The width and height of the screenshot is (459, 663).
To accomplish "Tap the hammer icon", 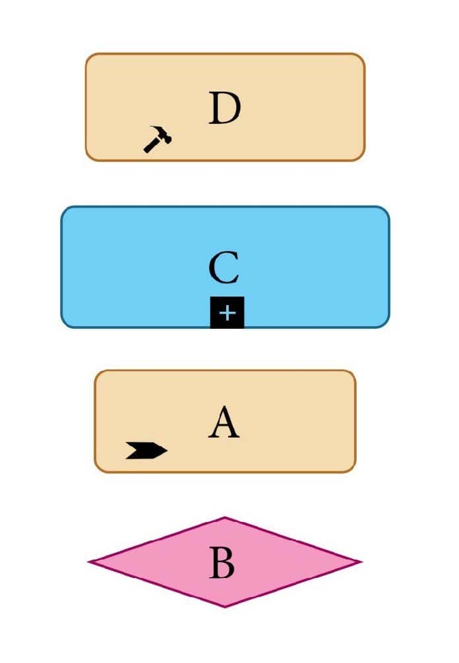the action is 158,138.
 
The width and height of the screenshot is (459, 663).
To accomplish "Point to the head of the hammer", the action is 162,134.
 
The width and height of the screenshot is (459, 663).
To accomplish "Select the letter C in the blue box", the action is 224,267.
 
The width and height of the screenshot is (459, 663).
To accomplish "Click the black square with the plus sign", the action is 227,312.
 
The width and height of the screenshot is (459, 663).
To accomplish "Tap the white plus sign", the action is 227,313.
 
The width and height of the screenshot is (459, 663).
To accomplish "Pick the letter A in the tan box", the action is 224,422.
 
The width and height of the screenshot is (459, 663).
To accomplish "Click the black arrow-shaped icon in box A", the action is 146,450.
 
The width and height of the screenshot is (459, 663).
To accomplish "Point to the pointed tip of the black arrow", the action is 167,451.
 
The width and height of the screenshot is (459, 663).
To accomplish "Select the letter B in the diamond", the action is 222,562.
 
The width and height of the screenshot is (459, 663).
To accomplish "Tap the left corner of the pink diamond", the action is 88,562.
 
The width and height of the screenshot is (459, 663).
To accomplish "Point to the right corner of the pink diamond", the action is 361,562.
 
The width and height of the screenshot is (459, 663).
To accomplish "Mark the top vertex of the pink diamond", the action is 225,517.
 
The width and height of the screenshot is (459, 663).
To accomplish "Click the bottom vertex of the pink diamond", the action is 225,607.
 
